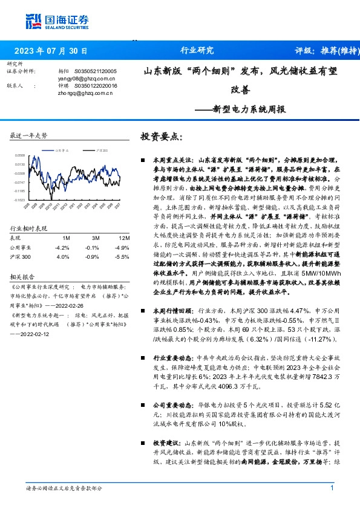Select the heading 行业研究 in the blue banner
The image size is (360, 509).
[197, 50]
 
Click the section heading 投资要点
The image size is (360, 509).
[160, 137]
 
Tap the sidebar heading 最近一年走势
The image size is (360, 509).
[29, 136]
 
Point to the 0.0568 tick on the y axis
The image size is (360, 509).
[20, 155]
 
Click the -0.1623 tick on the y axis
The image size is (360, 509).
[20, 199]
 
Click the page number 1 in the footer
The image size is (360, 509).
[332, 488]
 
